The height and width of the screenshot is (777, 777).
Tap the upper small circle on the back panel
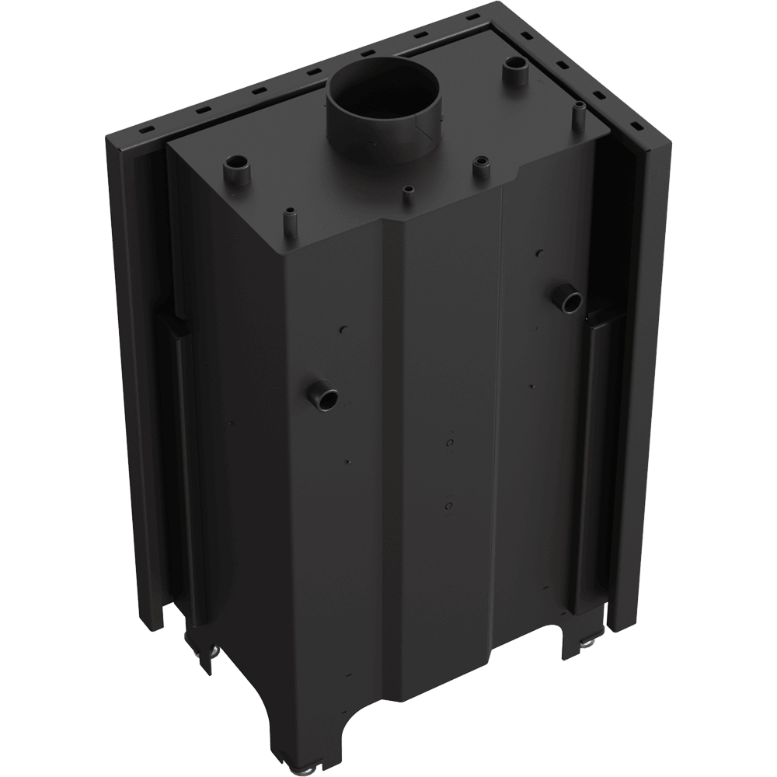449,441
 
